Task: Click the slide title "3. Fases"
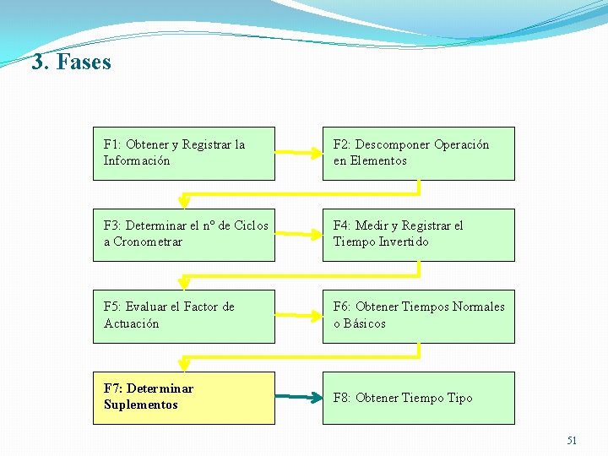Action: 72,62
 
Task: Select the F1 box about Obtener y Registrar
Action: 183,153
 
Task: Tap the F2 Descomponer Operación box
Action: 418,153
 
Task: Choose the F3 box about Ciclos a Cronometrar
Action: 183,234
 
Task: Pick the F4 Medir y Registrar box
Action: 418,234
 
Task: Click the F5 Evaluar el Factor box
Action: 183,316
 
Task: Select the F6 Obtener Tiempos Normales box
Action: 418,316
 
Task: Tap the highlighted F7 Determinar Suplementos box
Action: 183,397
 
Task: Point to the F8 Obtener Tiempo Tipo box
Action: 418,397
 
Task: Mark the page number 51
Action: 572,441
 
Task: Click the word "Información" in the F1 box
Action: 137,160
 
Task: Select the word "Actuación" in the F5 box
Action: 132,323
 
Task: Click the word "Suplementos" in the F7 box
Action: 141,404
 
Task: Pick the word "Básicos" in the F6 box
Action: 364,323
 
